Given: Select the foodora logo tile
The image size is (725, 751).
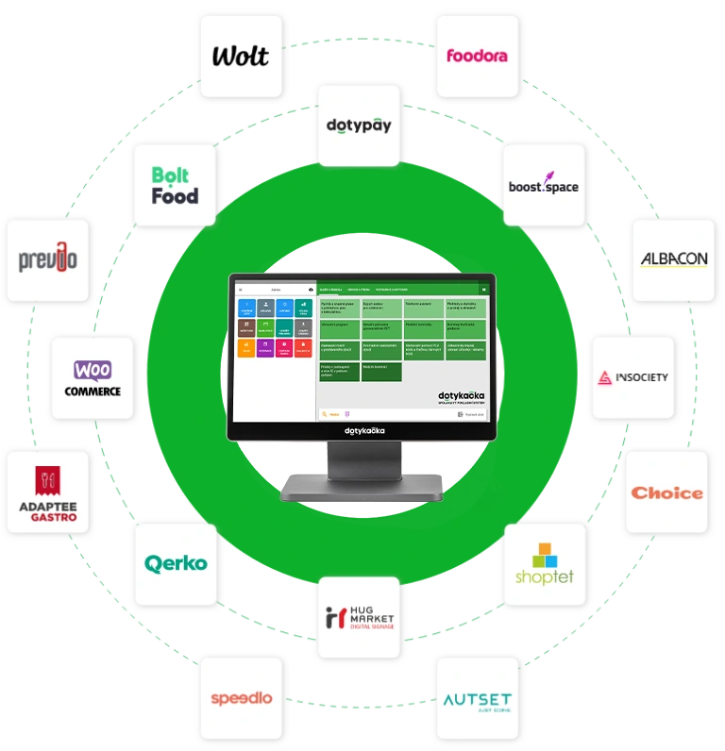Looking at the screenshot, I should pyautogui.click(x=477, y=55).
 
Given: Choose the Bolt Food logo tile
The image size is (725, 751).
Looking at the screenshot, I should pyautogui.click(x=176, y=186).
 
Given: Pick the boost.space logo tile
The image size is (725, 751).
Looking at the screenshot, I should pyautogui.click(x=544, y=186).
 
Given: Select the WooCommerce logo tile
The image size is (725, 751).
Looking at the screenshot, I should pyautogui.click(x=93, y=377).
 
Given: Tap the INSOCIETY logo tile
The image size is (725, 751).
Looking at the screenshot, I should pyautogui.click(x=633, y=377).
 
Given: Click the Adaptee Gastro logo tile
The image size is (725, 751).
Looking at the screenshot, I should pyautogui.click(x=48, y=492).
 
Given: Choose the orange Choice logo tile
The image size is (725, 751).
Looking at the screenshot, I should pyautogui.click(x=667, y=492).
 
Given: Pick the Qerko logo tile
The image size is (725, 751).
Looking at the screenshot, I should pyautogui.click(x=176, y=563).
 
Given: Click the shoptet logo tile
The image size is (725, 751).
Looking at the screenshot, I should pyautogui.click(x=545, y=564).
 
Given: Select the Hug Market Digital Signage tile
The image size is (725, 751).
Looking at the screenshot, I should pyautogui.click(x=359, y=618).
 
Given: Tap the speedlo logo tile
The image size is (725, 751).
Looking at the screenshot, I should pyautogui.click(x=242, y=698).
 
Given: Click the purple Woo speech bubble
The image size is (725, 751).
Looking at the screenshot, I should pyautogui.click(x=93, y=368).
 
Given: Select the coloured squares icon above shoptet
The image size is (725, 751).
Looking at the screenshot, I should pyautogui.click(x=545, y=555).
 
